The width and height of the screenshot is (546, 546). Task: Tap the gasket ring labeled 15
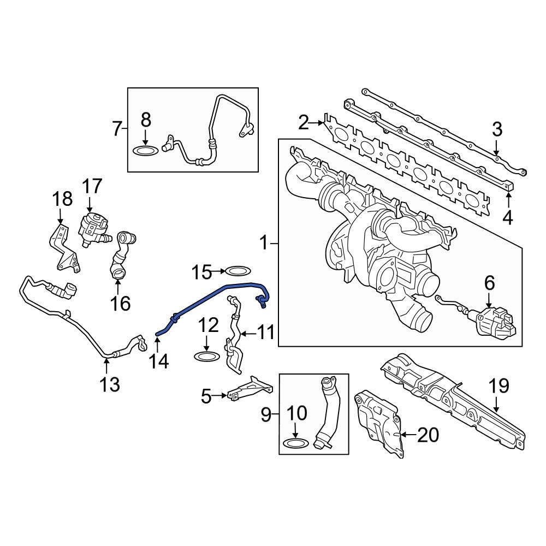tap(238, 271)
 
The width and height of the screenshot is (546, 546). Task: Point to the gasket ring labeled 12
tap(207, 357)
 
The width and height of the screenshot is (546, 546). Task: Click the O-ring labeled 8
tap(145, 150)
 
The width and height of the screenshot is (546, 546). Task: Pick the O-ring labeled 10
tap(294, 442)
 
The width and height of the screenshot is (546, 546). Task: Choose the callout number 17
tap(92, 187)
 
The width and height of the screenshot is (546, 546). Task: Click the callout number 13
tap(110, 385)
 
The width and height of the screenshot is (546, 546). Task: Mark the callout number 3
tap(496, 130)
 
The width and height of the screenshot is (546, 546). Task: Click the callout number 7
tap(116, 130)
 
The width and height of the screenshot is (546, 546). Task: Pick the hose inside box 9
tap(329, 412)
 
